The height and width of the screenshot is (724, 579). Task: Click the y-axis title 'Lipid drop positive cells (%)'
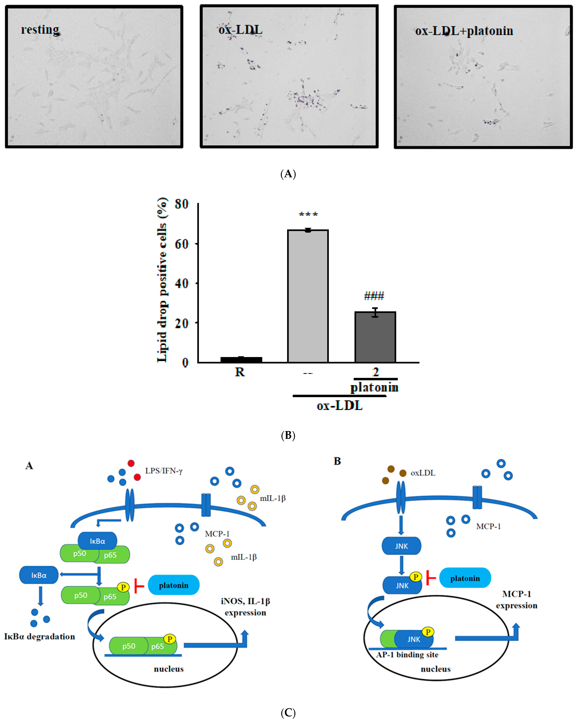click(162, 280)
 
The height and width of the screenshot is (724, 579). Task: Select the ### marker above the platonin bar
click(374, 296)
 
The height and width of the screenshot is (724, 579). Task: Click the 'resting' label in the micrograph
click(40, 30)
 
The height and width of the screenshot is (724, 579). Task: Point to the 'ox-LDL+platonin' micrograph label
click(464, 31)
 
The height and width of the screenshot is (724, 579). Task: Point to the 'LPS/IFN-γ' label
click(164, 471)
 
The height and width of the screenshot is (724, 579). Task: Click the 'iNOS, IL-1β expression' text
click(246, 607)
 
